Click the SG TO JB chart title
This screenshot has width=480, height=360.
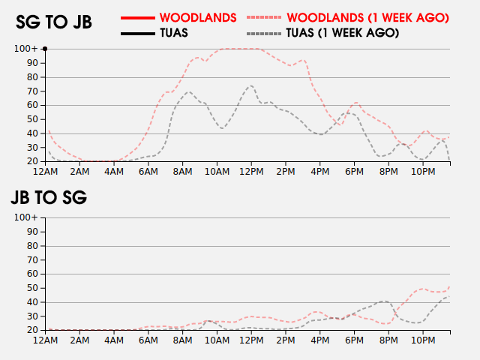coord(54,22)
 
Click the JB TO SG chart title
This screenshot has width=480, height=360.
coord(49,198)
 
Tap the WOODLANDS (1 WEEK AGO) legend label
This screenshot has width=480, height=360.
coord(368,16)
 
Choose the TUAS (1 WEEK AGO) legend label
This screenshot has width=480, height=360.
coord(342,33)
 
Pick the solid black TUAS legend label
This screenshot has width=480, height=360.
coord(174,33)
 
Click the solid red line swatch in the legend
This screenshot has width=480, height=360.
coord(138,16)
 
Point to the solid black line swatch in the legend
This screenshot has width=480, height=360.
coord(138,33)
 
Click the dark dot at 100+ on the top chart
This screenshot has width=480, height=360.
coord(45,49)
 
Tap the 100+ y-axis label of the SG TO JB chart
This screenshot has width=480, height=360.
coord(26,49)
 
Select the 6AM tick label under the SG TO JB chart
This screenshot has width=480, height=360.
coord(148,172)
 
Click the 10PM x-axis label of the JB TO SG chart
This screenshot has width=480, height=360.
coord(423,340)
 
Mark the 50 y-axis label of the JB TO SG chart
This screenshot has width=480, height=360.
coord(31,288)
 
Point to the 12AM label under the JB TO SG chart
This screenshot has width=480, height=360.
coord(45,340)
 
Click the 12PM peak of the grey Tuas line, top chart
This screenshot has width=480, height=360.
coord(250,85)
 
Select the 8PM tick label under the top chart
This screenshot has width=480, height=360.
coord(388,172)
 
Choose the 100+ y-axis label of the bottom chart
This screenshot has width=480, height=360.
coord(26,217)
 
